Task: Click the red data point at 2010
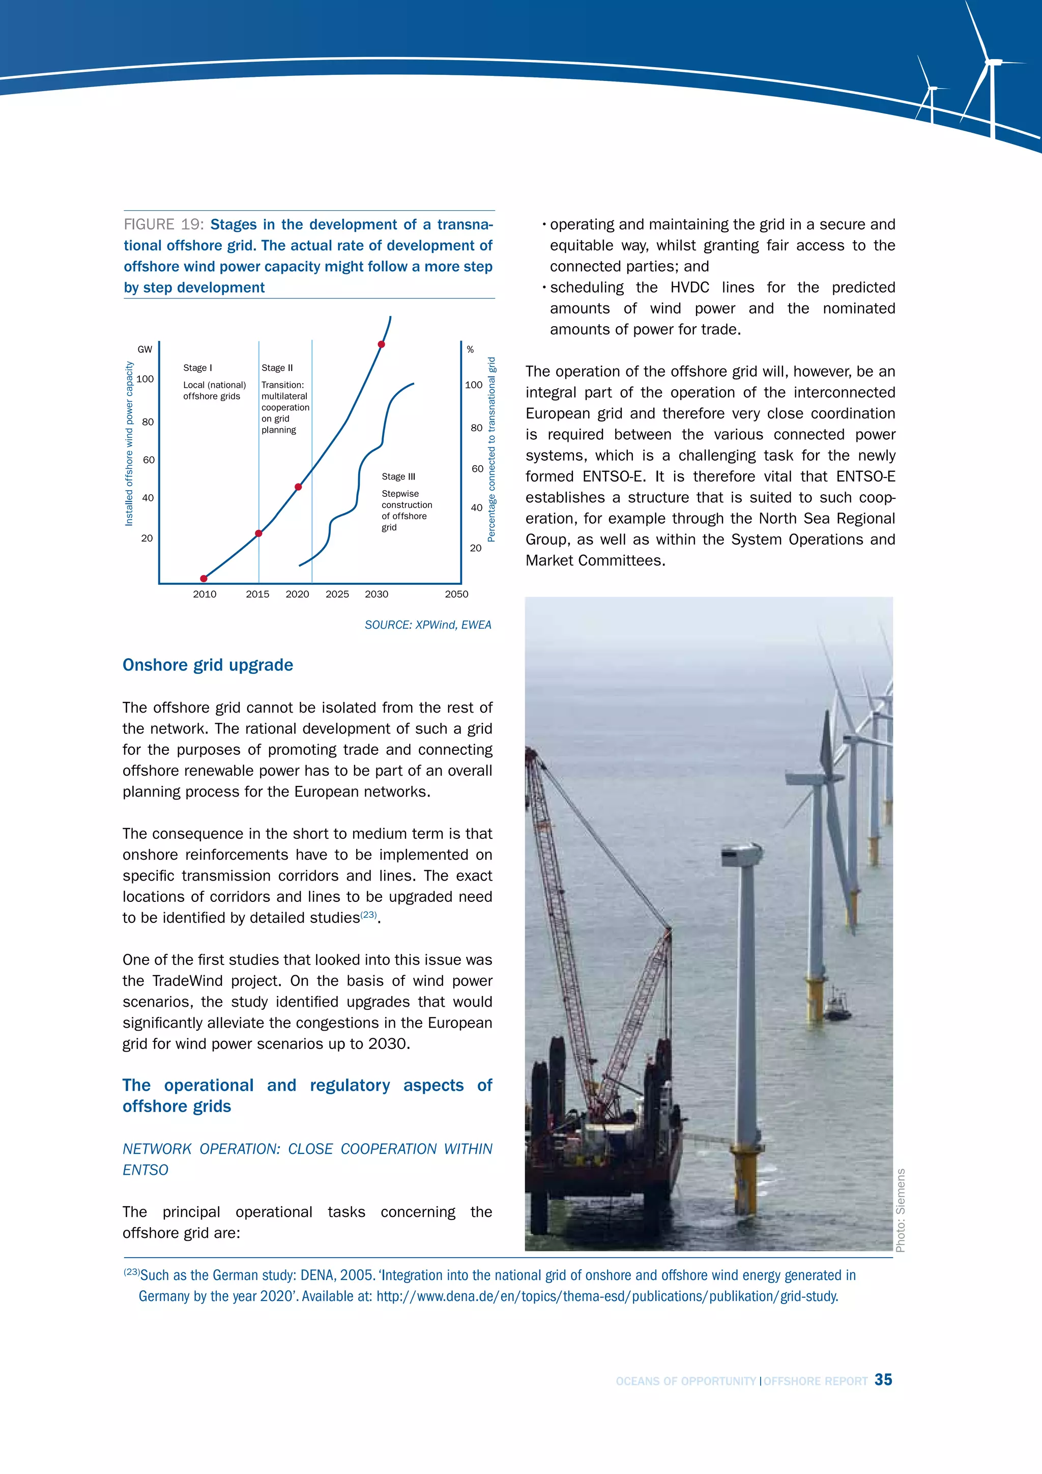point(204,578)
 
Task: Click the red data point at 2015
point(258,533)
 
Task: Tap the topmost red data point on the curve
point(381,345)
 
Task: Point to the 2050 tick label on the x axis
point(456,594)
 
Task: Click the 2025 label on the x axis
point(337,594)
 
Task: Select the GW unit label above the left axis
point(145,349)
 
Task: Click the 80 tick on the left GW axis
point(148,422)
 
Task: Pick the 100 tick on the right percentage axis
point(474,385)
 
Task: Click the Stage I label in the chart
point(197,368)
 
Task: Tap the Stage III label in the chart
point(398,476)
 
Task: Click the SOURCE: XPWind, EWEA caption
point(428,625)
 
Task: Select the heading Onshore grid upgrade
point(208,665)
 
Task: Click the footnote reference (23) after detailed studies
point(368,914)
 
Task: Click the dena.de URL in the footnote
point(607,1296)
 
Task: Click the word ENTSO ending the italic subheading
point(146,1170)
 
